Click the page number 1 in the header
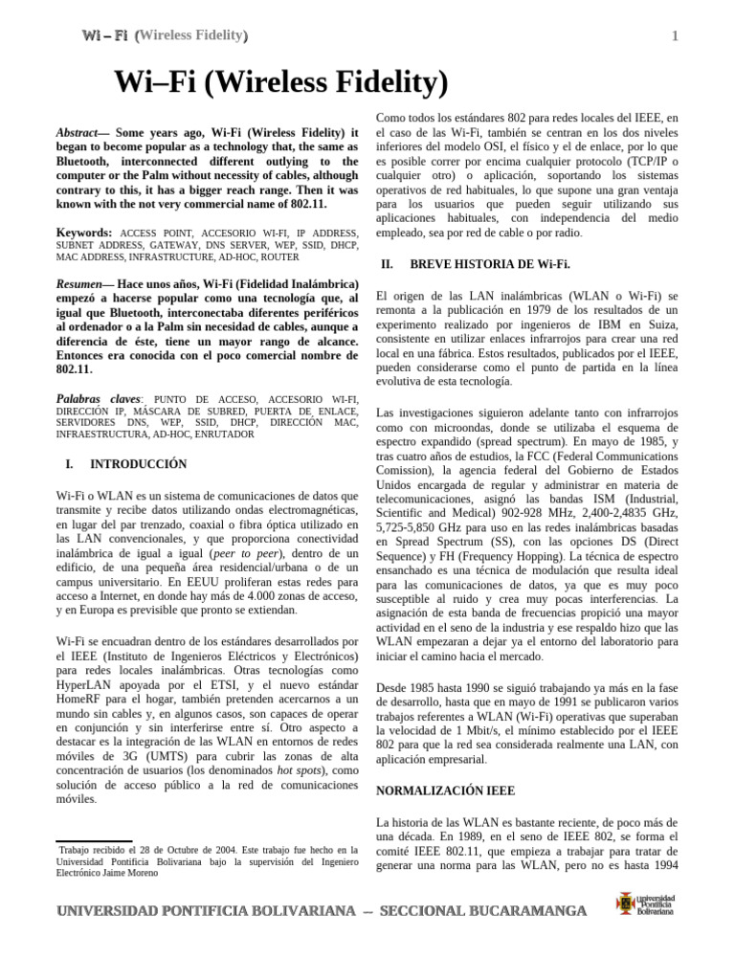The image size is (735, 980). click(675, 36)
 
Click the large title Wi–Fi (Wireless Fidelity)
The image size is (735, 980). click(281, 83)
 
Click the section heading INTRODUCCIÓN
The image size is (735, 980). click(138, 464)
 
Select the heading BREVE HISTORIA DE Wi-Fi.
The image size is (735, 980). click(489, 263)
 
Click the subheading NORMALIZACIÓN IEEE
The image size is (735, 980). click(445, 791)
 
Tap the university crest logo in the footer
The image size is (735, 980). click(626, 902)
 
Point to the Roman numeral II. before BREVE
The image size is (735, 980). click(387, 263)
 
